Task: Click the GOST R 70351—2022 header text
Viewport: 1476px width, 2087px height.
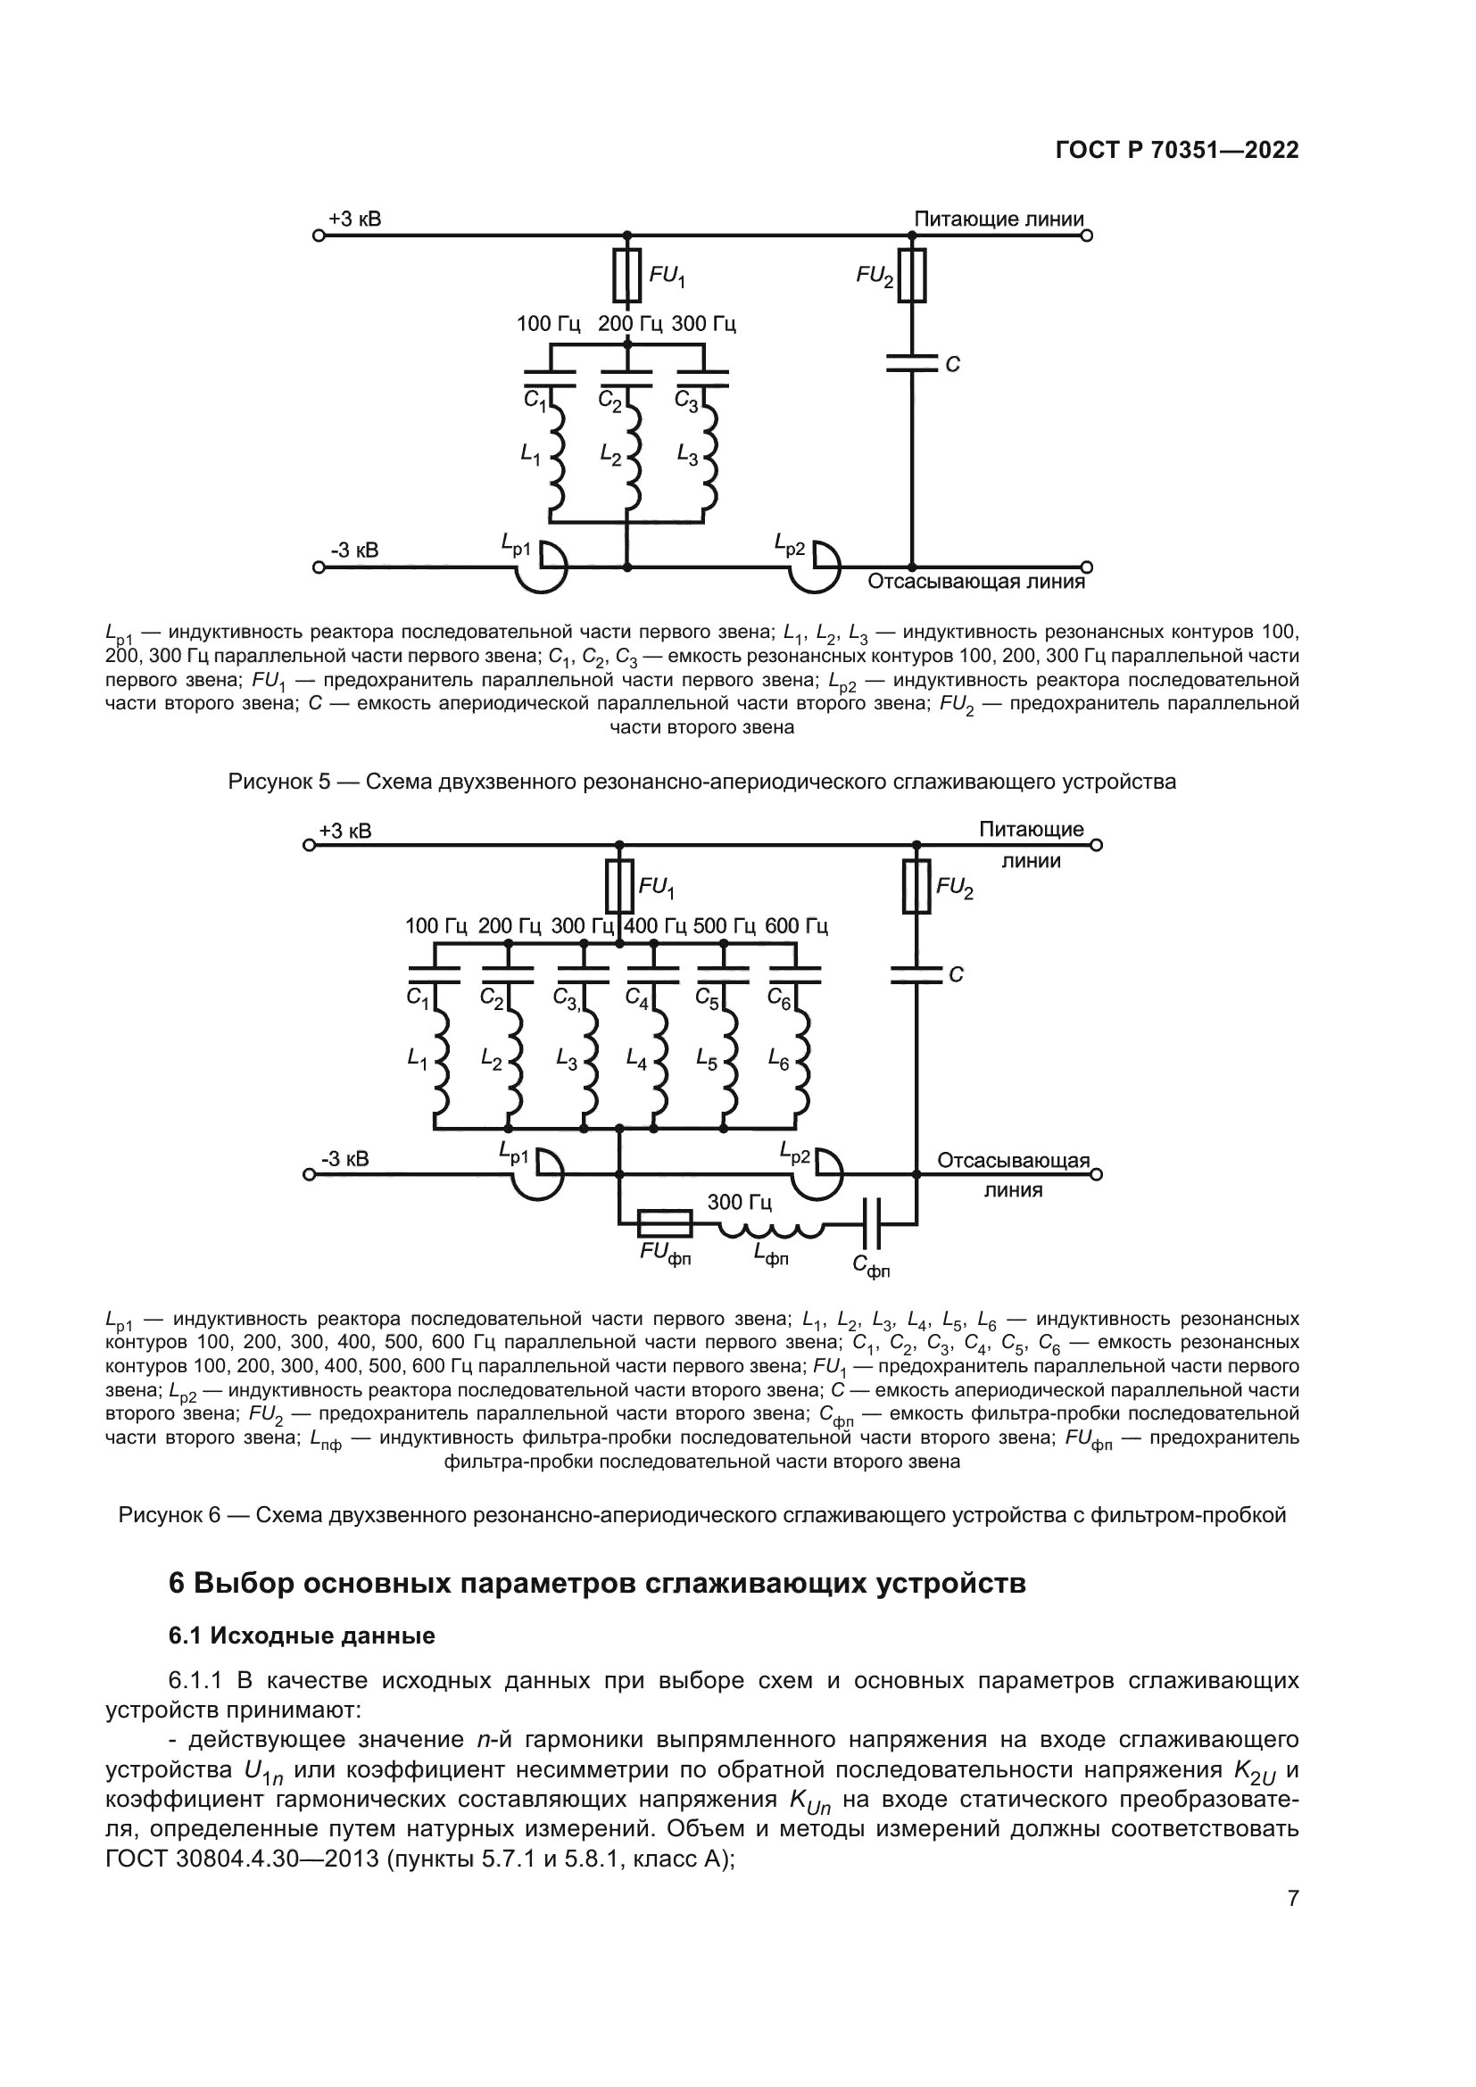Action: click(x=1177, y=151)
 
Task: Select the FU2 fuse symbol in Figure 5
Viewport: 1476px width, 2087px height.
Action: click(x=912, y=275)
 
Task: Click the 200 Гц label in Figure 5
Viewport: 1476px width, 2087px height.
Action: click(x=629, y=324)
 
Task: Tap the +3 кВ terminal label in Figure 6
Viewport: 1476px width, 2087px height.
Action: click(x=344, y=831)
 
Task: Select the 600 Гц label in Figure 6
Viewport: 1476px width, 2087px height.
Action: click(x=796, y=926)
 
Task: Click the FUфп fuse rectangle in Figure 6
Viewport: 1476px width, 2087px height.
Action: click(x=665, y=1223)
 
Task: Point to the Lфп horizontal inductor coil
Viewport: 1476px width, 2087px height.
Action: click(x=772, y=1230)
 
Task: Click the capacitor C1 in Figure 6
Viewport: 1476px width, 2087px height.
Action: click(x=434, y=975)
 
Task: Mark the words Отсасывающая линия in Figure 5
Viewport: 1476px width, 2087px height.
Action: click(x=976, y=582)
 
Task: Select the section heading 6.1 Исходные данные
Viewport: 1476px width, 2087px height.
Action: click(x=302, y=1636)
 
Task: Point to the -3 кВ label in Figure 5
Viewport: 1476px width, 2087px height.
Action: click(x=354, y=551)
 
